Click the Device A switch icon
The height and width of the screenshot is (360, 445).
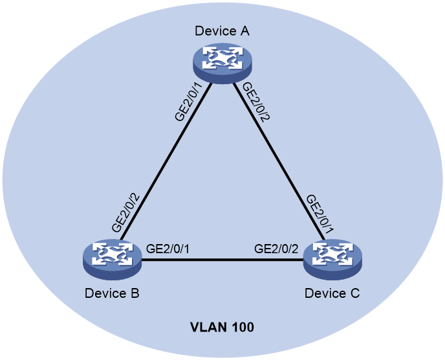coord(222,63)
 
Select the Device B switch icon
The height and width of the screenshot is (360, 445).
coord(113,260)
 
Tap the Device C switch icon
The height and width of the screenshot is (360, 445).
coord(332,260)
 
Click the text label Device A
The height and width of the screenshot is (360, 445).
coord(222,31)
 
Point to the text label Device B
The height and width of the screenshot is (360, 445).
coord(112,293)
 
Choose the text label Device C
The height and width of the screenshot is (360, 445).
coord(332,293)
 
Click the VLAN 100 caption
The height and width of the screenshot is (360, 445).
coord(222,328)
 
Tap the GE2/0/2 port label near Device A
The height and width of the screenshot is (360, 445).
coord(254,102)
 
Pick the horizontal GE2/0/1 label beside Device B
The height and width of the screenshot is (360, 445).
coord(168,249)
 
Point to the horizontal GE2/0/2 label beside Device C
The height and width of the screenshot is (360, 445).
coord(276,249)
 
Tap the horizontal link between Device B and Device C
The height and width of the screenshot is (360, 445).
coord(222,260)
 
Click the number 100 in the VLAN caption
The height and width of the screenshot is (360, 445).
coord(243,328)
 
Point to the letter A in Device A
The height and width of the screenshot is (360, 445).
coord(245,31)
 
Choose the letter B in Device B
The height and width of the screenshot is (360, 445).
coord(135,293)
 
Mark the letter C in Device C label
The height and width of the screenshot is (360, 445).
coord(355,293)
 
